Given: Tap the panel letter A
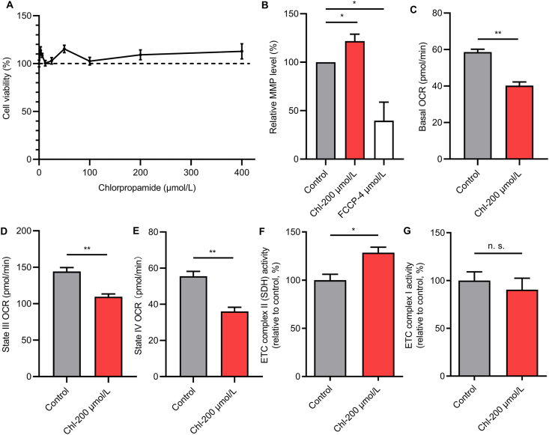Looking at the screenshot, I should click(x=7, y=7).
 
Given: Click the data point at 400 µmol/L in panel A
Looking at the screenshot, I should click(x=241, y=51).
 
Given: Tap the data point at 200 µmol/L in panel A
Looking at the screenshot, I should click(x=140, y=55).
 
